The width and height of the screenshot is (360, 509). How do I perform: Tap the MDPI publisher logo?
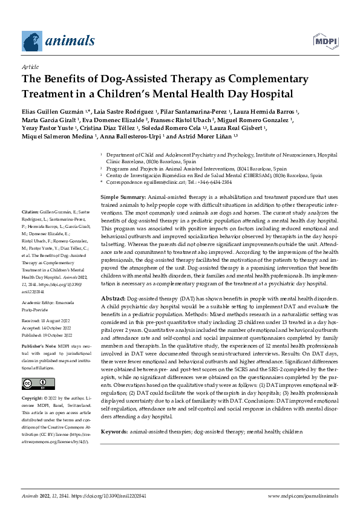click(325, 41)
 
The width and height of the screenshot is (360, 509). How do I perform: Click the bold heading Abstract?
click(113, 299)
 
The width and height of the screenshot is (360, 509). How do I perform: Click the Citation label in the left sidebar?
click(31, 263)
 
